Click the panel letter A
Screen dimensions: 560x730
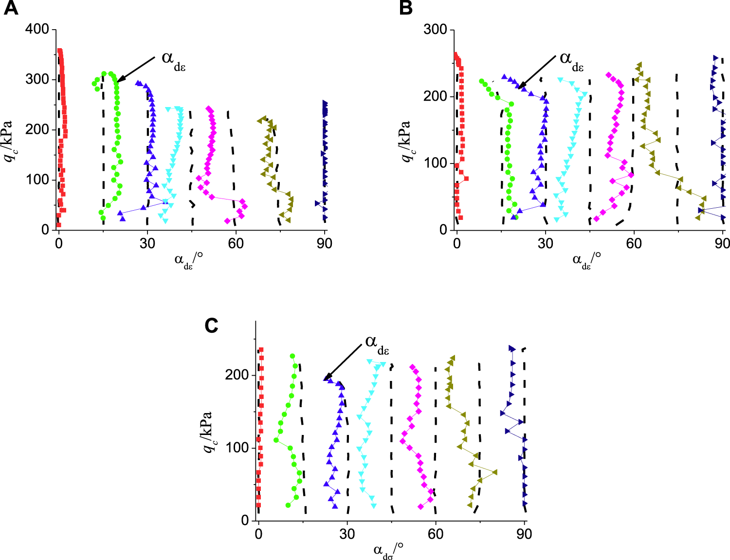pos(10,8)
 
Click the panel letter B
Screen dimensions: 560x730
pos(405,8)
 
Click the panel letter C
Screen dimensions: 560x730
pos(211,325)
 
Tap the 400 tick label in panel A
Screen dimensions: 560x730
pos(37,29)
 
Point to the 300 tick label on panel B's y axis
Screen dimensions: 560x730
pos(435,29)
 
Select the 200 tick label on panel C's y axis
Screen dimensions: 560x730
pos(237,375)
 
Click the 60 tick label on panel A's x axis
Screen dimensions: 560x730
pos(236,243)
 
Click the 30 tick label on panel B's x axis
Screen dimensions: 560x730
pos(545,243)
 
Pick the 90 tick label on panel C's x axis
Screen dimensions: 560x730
pos(524,534)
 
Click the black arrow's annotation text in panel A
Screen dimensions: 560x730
pos(173,60)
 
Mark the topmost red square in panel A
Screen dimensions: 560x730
pos(59,51)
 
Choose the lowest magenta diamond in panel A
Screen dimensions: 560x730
pos(227,221)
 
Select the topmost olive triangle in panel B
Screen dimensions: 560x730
pos(639,65)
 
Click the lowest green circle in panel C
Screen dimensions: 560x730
pos(288,505)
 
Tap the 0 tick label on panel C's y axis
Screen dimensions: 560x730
pos(245,520)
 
